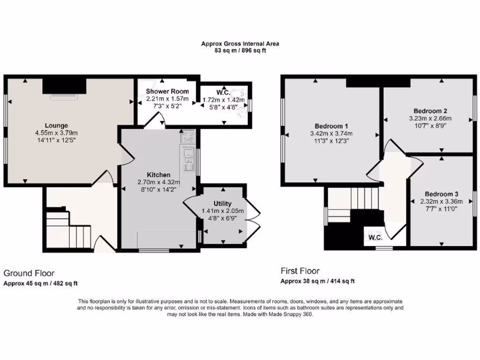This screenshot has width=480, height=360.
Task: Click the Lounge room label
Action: tap(56, 125)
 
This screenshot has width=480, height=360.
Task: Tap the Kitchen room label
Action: tap(149, 175)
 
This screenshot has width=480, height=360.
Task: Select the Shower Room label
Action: tap(167, 91)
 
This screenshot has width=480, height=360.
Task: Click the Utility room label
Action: tap(222, 203)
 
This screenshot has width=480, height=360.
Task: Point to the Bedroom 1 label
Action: tap(331, 126)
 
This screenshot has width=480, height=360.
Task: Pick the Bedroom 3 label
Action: tap(441, 194)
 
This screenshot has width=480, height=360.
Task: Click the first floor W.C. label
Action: tap(375, 237)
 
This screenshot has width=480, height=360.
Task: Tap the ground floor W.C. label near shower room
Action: tap(222, 92)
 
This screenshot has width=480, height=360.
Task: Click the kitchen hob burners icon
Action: tap(189, 137)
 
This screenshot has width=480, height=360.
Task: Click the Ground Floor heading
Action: tap(29, 273)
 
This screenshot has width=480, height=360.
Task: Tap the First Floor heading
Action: tap(300, 270)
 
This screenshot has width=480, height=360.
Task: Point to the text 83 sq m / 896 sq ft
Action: tap(240, 51)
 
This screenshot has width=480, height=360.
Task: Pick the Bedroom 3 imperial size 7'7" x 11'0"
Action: tap(441, 209)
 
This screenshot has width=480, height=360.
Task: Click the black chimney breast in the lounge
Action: tap(65, 86)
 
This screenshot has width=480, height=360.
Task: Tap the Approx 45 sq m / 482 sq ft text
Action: tap(41, 283)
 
